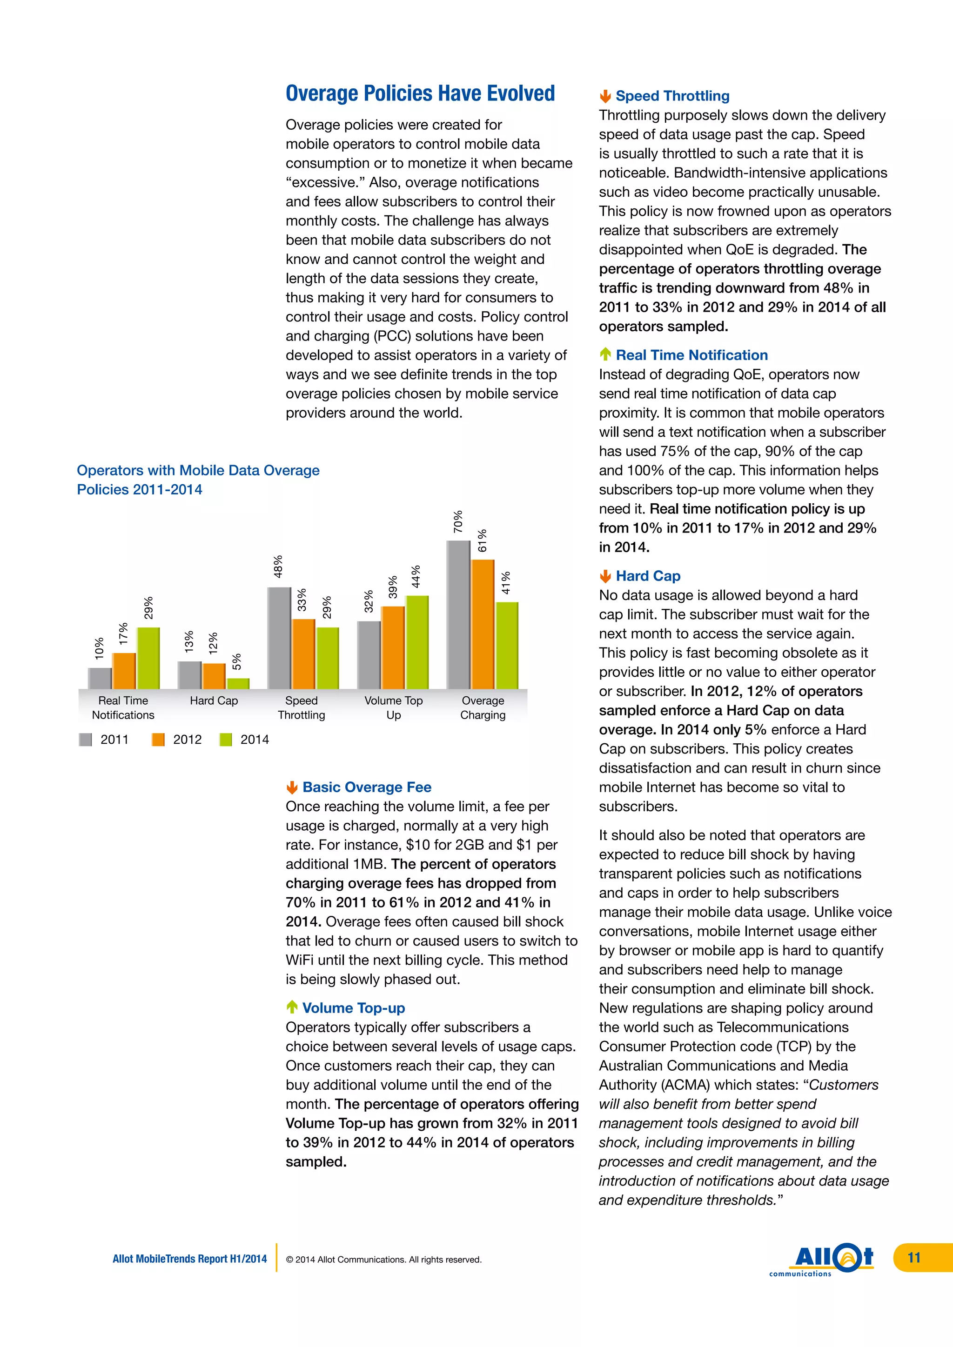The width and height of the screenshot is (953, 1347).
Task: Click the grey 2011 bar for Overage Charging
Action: (x=458, y=614)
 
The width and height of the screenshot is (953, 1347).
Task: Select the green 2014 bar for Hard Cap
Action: (x=238, y=683)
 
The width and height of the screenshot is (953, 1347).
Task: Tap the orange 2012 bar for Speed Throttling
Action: (x=303, y=653)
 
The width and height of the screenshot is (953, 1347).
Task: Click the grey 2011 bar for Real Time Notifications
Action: (x=100, y=678)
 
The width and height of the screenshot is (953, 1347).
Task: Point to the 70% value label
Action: (x=458, y=521)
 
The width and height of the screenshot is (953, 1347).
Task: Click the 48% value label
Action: (x=278, y=567)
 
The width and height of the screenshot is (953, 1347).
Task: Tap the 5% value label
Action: (x=236, y=662)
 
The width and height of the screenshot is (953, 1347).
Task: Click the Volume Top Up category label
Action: (x=393, y=707)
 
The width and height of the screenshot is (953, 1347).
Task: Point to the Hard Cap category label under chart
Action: (x=214, y=700)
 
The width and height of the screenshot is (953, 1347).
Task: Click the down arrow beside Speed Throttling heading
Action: (x=605, y=96)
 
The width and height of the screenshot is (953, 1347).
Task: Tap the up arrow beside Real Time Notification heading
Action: (x=605, y=354)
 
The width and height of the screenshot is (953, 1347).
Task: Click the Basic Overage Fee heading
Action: (x=367, y=787)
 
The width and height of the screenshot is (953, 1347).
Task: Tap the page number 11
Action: (x=914, y=1258)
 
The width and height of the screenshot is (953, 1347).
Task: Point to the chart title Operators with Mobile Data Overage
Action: (x=198, y=471)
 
